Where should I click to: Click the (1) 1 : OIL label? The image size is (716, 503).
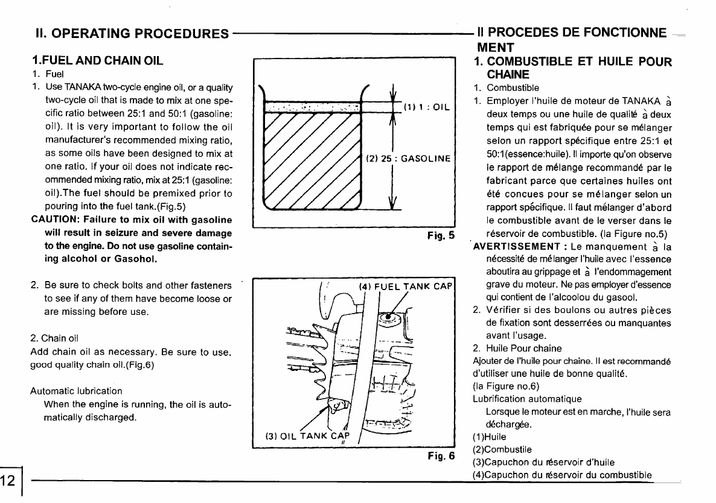[x=424, y=108]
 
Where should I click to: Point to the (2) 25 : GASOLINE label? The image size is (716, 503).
[x=409, y=159]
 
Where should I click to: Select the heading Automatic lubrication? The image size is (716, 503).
[x=76, y=391]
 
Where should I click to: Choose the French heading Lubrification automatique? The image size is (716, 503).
[x=527, y=399]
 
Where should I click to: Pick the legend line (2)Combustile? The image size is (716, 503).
[x=502, y=449]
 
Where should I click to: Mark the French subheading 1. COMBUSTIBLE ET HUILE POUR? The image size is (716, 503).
[x=572, y=62]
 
